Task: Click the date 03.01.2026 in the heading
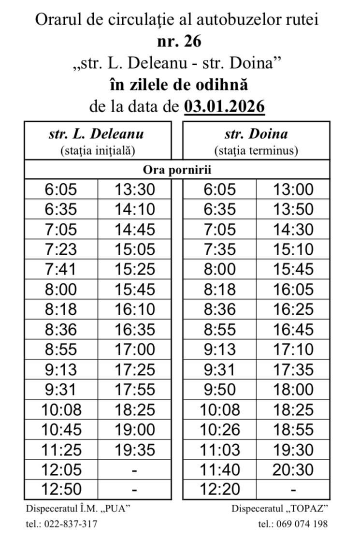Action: tap(224, 106)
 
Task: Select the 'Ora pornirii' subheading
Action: tap(177, 170)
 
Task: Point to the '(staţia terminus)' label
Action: tap(256, 150)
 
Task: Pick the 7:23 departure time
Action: tap(61, 249)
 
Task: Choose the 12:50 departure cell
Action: tap(61, 489)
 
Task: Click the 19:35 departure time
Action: tap(135, 450)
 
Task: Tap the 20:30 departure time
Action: tap(293, 469)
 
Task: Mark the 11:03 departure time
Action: tap(220, 450)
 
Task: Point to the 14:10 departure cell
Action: tap(135, 209)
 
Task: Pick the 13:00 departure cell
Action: tap(293, 190)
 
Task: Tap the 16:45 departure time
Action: tap(293, 330)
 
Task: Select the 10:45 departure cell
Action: tap(61, 430)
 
